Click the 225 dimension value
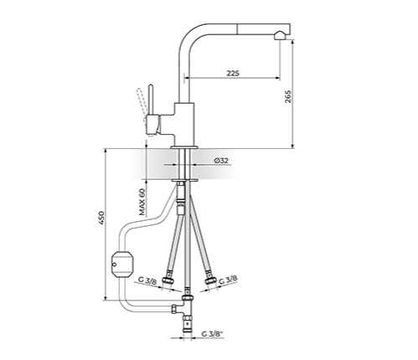[x=233, y=73]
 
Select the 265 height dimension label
[x=288, y=96]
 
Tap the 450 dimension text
[x=101, y=218]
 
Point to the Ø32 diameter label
[x=221, y=161]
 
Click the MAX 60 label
[x=142, y=202]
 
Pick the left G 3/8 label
[x=147, y=280]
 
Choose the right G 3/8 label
[x=228, y=280]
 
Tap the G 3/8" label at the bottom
[x=212, y=333]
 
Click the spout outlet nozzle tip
[x=280, y=36]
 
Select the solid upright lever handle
[x=151, y=100]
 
